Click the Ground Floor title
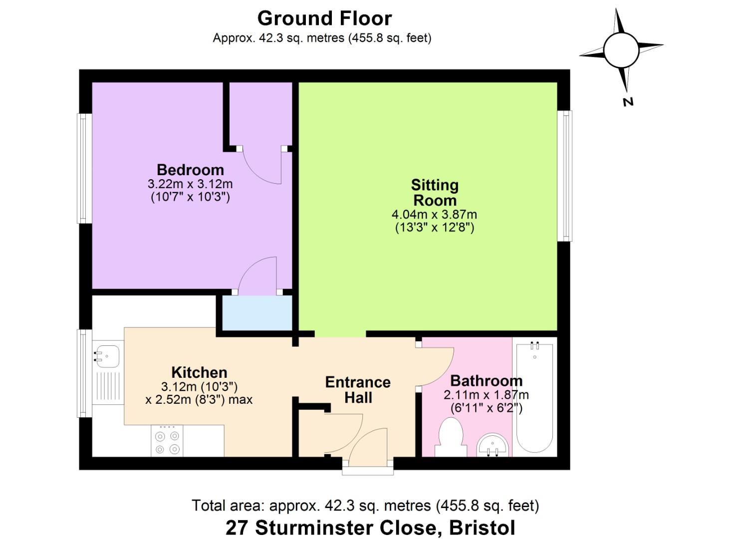[x=324, y=18]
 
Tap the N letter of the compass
[x=628, y=102]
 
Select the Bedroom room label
[x=190, y=170]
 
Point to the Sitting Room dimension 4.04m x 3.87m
[x=434, y=215]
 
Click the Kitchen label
[x=199, y=373]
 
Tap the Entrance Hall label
[x=358, y=390]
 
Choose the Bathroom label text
[x=487, y=381]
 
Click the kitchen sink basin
[x=107, y=356]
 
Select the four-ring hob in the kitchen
[x=167, y=441]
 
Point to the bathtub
[x=534, y=397]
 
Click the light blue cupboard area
[x=257, y=313]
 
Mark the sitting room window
[x=564, y=176]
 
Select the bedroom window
[x=85, y=169]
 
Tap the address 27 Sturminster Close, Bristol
[x=370, y=528]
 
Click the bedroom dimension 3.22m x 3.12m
[x=190, y=184]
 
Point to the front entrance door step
[x=368, y=471]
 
